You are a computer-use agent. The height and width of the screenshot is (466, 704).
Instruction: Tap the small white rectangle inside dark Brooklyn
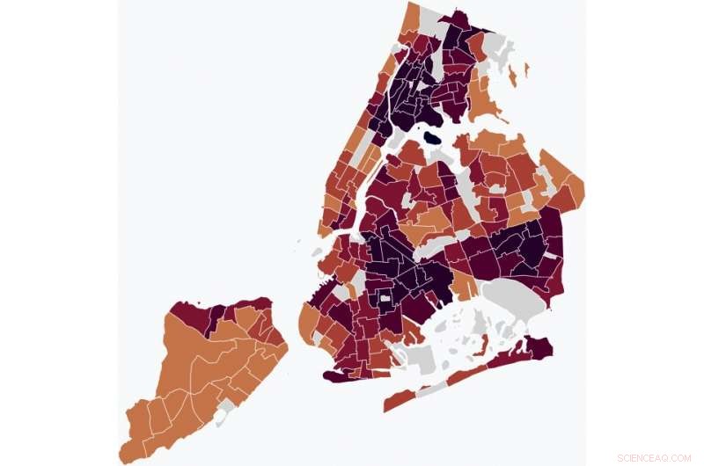click(385, 299)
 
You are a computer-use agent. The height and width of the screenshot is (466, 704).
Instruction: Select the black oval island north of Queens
click(432, 138)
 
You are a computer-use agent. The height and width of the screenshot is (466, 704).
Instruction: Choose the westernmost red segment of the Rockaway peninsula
click(398, 401)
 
